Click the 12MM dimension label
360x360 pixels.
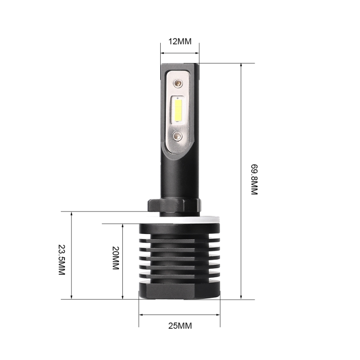pyautogui.click(x=180, y=42)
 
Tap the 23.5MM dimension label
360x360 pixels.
pyautogui.click(x=62, y=260)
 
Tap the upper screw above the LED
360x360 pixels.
pyautogui.click(x=179, y=83)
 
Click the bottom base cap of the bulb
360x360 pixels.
pyautogui.click(x=180, y=290)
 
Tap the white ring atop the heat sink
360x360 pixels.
pyautogui.click(x=180, y=220)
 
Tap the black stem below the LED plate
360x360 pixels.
pyautogui.click(x=180, y=175)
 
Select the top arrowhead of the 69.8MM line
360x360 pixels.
pyautogui.click(x=242, y=66)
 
